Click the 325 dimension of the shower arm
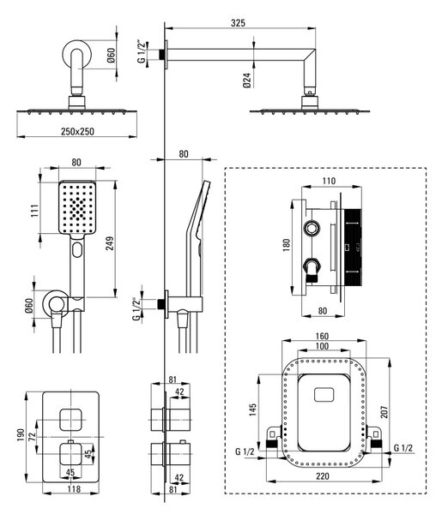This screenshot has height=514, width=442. (238, 23)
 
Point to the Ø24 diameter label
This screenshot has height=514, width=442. (247, 80)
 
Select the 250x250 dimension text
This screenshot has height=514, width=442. (77, 131)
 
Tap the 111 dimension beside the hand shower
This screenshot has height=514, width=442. (35, 210)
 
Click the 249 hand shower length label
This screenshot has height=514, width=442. (110, 243)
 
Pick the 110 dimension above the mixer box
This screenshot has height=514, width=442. (329, 181)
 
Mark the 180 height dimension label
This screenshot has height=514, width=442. (287, 244)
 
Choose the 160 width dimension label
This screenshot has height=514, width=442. (322, 337)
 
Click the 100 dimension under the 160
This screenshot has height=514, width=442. (322, 346)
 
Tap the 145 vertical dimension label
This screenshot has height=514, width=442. (252, 409)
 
